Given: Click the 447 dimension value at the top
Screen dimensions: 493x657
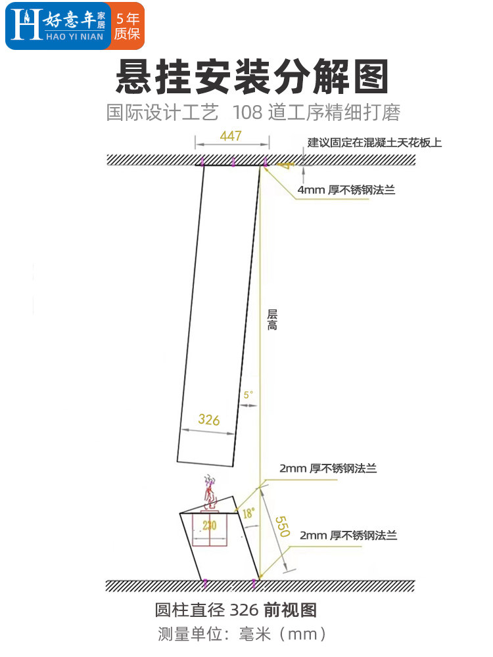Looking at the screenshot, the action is pos(231,136).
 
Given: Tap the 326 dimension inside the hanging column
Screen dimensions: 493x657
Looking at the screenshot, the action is pos(208,420).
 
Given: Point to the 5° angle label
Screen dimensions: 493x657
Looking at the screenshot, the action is pos(248,395).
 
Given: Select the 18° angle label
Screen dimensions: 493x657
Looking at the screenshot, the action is pos(247,514).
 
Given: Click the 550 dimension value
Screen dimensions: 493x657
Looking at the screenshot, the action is pos(281,525).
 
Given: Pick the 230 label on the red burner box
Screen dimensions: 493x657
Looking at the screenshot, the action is pos(209,525).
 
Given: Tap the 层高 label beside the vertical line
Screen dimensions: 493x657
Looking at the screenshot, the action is pos(272,320).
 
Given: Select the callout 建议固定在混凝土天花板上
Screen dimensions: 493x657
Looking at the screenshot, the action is pos(375,142).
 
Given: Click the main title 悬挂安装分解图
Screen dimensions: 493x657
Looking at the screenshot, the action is pos(252,78).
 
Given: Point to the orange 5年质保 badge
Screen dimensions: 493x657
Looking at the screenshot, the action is pos(127,26).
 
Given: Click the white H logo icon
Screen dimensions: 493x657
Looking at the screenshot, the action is pos(26,26).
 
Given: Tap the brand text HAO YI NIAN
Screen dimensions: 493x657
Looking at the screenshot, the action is pos(74,37).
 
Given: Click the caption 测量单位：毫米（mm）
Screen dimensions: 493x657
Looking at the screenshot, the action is pos(243,634).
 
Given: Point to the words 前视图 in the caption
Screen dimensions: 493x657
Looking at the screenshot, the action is pos(291,610).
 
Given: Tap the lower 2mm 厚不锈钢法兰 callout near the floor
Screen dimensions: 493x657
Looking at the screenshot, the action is pos(348,535).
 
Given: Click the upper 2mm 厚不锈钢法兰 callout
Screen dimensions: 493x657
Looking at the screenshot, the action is pos(328,468).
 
